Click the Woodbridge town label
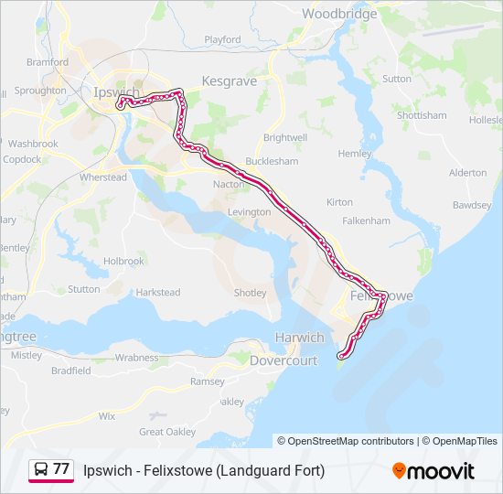click(x=338, y=14)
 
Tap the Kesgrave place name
click(x=229, y=81)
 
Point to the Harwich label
click(x=300, y=338)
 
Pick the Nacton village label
click(x=229, y=184)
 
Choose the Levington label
click(x=250, y=212)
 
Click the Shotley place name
click(x=250, y=293)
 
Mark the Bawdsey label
click(x=471, y=206)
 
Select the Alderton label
click(x=467, y=173)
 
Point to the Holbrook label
click(x=123, y=261)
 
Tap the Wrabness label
click(x=136, y=358)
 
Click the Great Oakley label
click(x=167, y=432)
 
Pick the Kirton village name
click(x=339, y=201)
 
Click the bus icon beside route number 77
click(x=40, y=469)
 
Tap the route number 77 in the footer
click(x=61, y=469)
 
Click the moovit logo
click(x=433, y=471)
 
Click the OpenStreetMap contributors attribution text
click(x=351, y=441)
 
